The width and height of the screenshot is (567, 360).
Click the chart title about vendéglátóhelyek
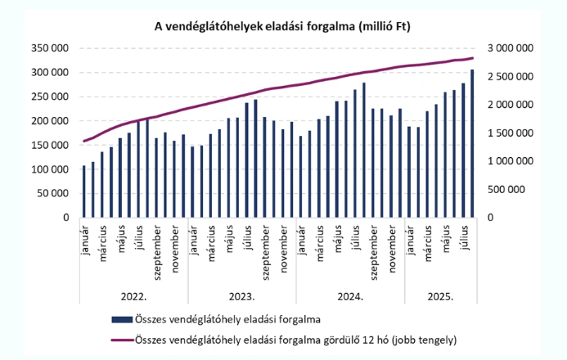pos(282,27)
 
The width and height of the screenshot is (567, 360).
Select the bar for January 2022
pos(83,191)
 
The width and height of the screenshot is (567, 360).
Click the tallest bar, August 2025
pos(472,144)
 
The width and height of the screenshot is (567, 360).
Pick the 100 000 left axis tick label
pos(51,169)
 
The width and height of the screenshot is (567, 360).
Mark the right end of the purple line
pos(473,58)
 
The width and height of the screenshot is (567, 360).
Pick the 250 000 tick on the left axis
pos(51,97)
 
